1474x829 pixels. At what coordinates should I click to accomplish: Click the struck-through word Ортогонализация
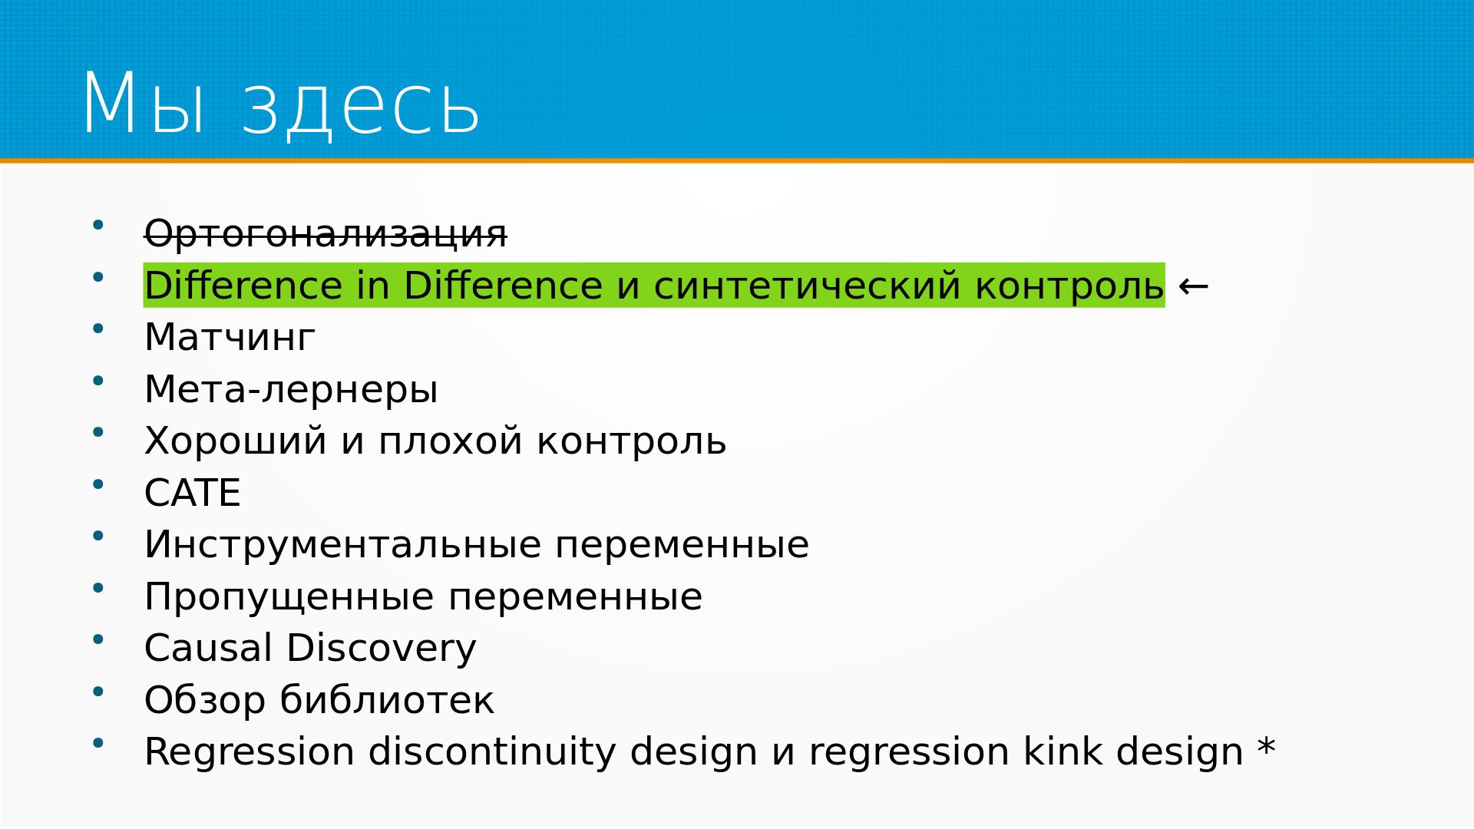[x=326, y=233]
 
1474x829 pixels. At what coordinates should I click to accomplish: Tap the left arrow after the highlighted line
[x=1193, y=286]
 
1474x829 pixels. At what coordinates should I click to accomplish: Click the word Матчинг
[x=230, y=337]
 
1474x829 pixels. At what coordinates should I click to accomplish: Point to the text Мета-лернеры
[x=291, y=389]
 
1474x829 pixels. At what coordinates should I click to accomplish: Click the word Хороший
[x=236, y=441]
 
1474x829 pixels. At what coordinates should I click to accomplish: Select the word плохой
[x=451, y=441]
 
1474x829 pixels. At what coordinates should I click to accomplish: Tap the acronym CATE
[x=193, y=493]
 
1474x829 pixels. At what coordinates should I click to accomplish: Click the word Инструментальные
[x=343, y=544]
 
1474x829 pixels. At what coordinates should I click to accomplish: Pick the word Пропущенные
[x=289, y=596]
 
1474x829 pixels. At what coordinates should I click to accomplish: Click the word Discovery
[x=382, y=648]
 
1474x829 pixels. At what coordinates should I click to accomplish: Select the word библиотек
[x=387, y=699]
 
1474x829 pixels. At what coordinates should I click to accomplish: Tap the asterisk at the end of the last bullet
[x=1267, y=746]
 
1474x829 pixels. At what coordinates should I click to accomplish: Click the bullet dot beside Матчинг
[x=97, y=329]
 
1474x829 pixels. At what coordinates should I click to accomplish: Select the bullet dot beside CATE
[x=97, y=484]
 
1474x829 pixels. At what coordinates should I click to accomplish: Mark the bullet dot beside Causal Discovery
[x=97, y=639]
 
